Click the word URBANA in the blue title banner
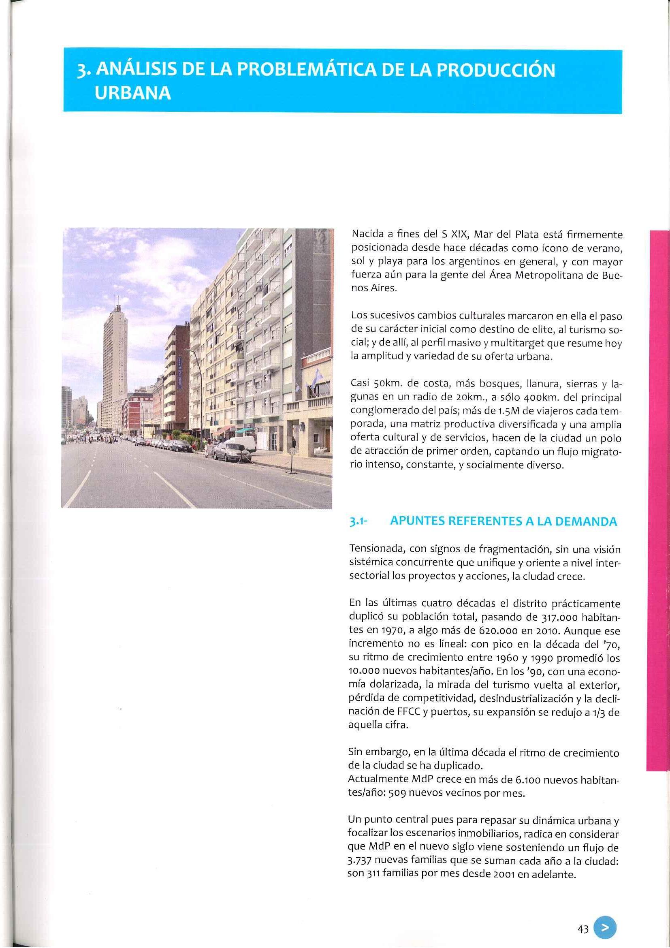click(133, 94)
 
